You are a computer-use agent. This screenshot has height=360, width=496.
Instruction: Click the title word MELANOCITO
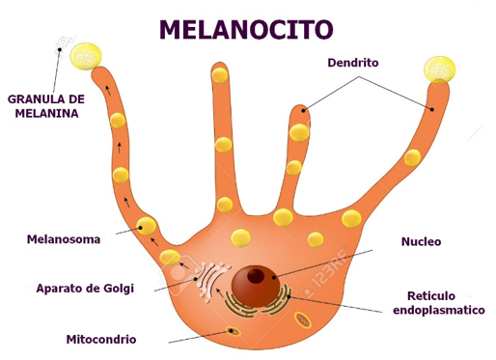pyautogui.click(x=246, y=29)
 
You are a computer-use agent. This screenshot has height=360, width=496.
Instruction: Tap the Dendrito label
pyautogui.click(x=353, y=63)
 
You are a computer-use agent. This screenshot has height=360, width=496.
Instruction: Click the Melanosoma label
pyautogui.click(x=64, y=239)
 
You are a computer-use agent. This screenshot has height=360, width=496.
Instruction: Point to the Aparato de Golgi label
pyautogui.click(x=85, y=289)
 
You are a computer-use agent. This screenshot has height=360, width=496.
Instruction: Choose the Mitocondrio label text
pyautogui.click(x=101, y=339)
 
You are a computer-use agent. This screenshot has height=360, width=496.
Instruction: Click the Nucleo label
pyautogui.click(x=421, y=241)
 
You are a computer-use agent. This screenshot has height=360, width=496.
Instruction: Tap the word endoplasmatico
pyautogui.click(x=439, y=310)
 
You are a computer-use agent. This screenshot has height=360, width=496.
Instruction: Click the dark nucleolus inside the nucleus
pyautogui.click(x=256, y=276)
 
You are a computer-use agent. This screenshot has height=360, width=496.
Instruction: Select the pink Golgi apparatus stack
pyautogui.click(x=210, y=281)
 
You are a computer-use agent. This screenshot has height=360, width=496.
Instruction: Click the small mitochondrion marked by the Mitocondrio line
pyautogui.click(x=234, y=331)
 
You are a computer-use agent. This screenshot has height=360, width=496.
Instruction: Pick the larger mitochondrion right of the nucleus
pyautogui.click(x=303, y=319)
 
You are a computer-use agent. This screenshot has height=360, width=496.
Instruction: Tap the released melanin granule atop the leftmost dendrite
pyautogui.click(x=86, y=56)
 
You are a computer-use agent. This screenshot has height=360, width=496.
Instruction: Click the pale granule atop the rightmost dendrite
pyautogui.click(x=439, y=69)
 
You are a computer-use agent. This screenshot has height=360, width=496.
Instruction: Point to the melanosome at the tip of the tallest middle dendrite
pyautogui.click(x=220, y=75)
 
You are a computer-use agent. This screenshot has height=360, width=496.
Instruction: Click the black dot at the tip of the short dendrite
pyautogui.click(x=303, y=111)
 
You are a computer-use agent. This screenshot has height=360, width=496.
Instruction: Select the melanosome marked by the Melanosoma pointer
pyautogui.click(x=147, y=226)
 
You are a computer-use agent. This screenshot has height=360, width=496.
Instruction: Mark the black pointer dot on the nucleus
pyautogui.click(x=274, y=277)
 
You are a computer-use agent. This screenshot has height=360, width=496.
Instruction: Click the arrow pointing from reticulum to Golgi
pyautogui.click(x=220, y=292)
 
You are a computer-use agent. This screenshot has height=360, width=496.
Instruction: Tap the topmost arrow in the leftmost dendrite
pyautogui.click(x=108, y=91)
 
